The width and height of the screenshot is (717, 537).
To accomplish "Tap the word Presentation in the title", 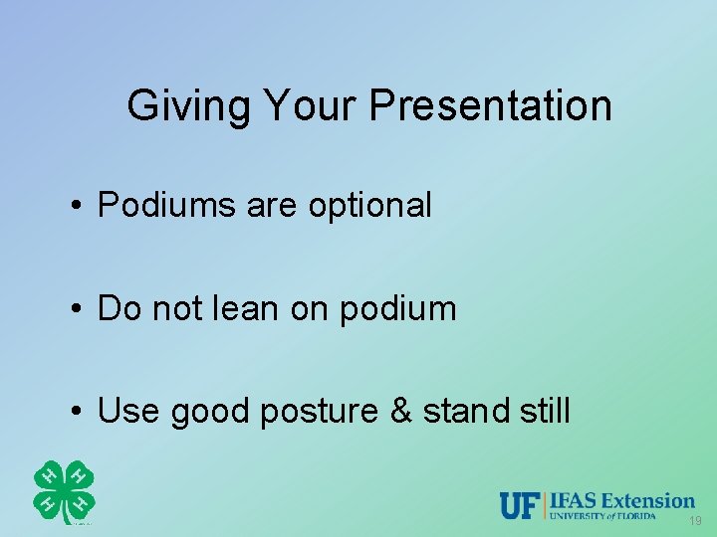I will pyautogui.click(x=490, y=105).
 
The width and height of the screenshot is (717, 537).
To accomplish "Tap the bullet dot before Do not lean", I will pyautogui.click(x=76, y=309).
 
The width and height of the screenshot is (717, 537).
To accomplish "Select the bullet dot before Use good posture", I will pyautogui.click(x=76, y=411).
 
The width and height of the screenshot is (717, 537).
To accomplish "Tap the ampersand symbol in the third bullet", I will pyautogui.click(x=400, y=410).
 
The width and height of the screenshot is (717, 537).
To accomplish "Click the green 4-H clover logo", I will pyautogui.click(x=64, y=491).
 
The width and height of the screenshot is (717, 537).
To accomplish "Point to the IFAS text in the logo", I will pyautogui.click(x=571, y=500).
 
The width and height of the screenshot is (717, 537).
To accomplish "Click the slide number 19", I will pyautogui.click(x=694, y=522).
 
